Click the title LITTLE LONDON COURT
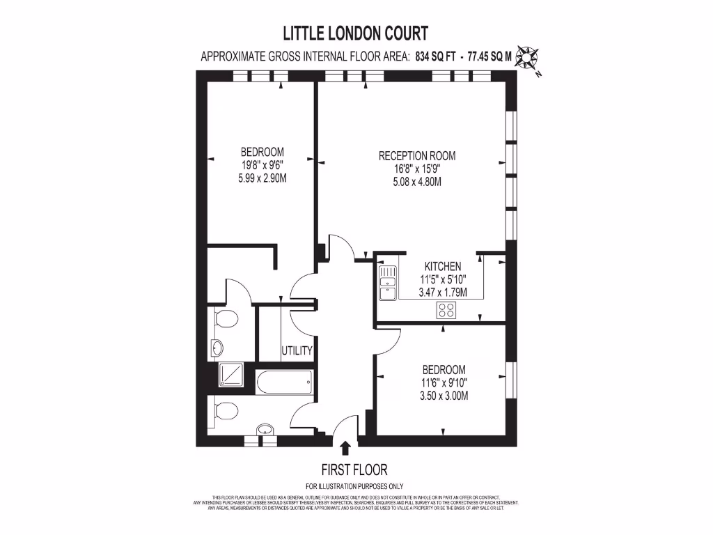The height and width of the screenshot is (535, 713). [355, 33]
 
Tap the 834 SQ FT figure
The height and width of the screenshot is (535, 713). [436, 58]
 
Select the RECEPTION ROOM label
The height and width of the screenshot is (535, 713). [417, 156]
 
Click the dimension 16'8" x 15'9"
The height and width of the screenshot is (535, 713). [417, 169]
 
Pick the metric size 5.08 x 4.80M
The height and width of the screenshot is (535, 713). [417, 183]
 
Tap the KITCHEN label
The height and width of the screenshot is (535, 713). [443, 266]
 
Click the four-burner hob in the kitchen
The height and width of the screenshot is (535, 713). [446, 311]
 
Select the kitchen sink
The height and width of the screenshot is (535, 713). [387, 282]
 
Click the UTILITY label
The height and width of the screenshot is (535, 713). [297, 350]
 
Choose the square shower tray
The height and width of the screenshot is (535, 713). [230, 375]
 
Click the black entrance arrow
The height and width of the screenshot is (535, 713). [345, 447]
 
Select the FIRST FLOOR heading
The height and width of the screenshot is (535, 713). [354, 470]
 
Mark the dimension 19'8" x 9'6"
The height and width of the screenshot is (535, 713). [262, 165]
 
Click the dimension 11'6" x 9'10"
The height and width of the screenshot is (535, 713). [444, 382]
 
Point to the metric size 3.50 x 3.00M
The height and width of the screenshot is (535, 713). [444, 396]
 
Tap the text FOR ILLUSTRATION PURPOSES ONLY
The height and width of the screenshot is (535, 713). [354, 486]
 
